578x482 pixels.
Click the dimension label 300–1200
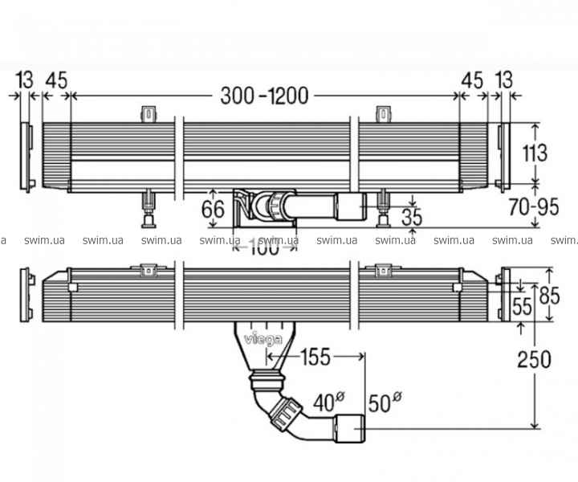click(264, 96)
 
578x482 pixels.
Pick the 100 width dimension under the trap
click(264, 248)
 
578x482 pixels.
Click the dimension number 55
click(523, 305)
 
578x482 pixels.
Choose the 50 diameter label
click(382, 402)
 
